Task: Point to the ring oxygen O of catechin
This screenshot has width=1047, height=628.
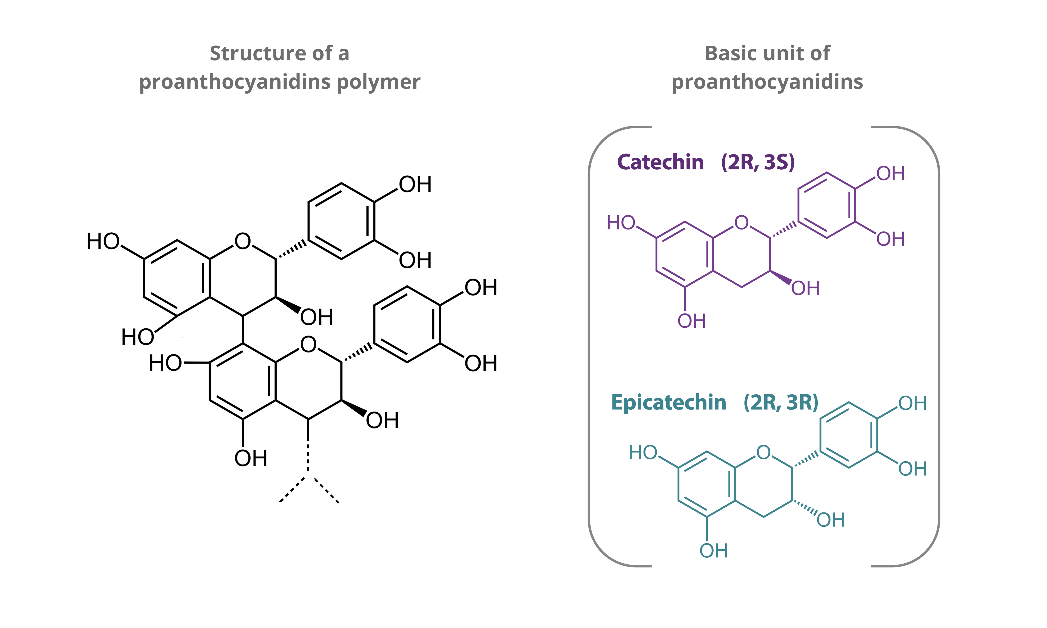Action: [741, 223]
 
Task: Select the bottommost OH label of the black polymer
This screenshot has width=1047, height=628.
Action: [251, 458]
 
